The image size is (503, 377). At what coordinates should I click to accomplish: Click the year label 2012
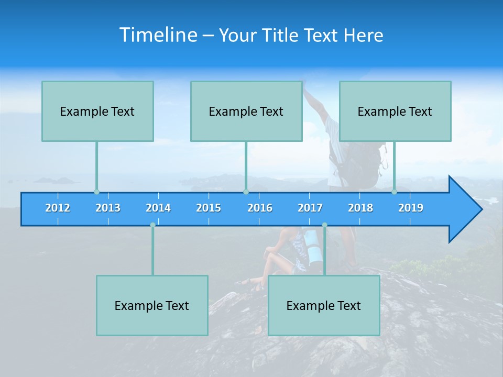coord(58,208)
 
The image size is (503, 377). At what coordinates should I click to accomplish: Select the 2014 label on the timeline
coord(158,208)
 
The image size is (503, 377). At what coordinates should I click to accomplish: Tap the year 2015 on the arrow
coord(209,208)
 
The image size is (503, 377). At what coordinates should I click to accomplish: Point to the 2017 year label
coord(310,208)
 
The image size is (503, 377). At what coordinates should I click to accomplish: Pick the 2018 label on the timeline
coord(360,208)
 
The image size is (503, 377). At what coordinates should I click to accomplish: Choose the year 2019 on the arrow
coord(411,208)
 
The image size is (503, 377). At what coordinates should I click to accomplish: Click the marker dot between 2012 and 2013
coord(96,192)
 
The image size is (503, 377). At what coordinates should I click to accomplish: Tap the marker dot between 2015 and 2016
coord(246,192)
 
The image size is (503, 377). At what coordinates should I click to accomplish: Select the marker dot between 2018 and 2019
coord(395,192)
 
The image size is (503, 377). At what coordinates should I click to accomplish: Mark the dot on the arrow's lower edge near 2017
coord(324,225)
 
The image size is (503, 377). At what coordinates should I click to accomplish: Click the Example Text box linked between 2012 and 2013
coord(97,112)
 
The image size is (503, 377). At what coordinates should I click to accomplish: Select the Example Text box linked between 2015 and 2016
coord(246,112)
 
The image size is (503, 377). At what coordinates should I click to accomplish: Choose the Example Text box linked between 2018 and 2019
coord(395,112)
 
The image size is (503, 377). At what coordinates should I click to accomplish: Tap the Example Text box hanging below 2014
coord(152,306)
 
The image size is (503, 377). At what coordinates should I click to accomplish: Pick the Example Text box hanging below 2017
coord(324,306)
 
